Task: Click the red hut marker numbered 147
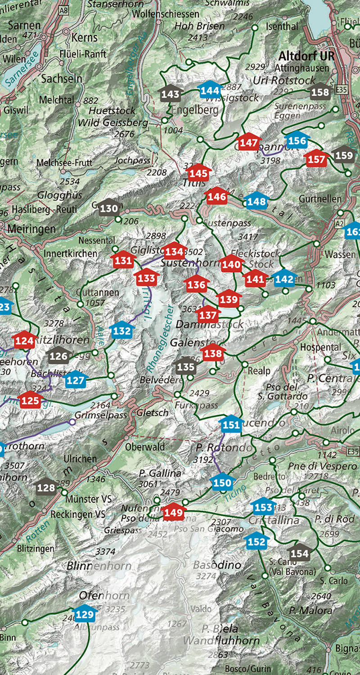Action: (248, 143)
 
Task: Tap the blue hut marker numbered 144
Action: (210, 90)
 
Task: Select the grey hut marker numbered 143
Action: (170, 94)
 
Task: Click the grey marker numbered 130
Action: (108, 208)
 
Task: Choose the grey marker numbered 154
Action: (299, 553)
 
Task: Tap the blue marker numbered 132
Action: (122, 331)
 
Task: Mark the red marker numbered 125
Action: (30, 400)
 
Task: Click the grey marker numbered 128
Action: (46, 487)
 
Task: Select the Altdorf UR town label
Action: (306, 56)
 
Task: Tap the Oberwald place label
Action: (145, 447)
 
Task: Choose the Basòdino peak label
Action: (217, 565)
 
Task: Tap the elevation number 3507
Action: (15, 465)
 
